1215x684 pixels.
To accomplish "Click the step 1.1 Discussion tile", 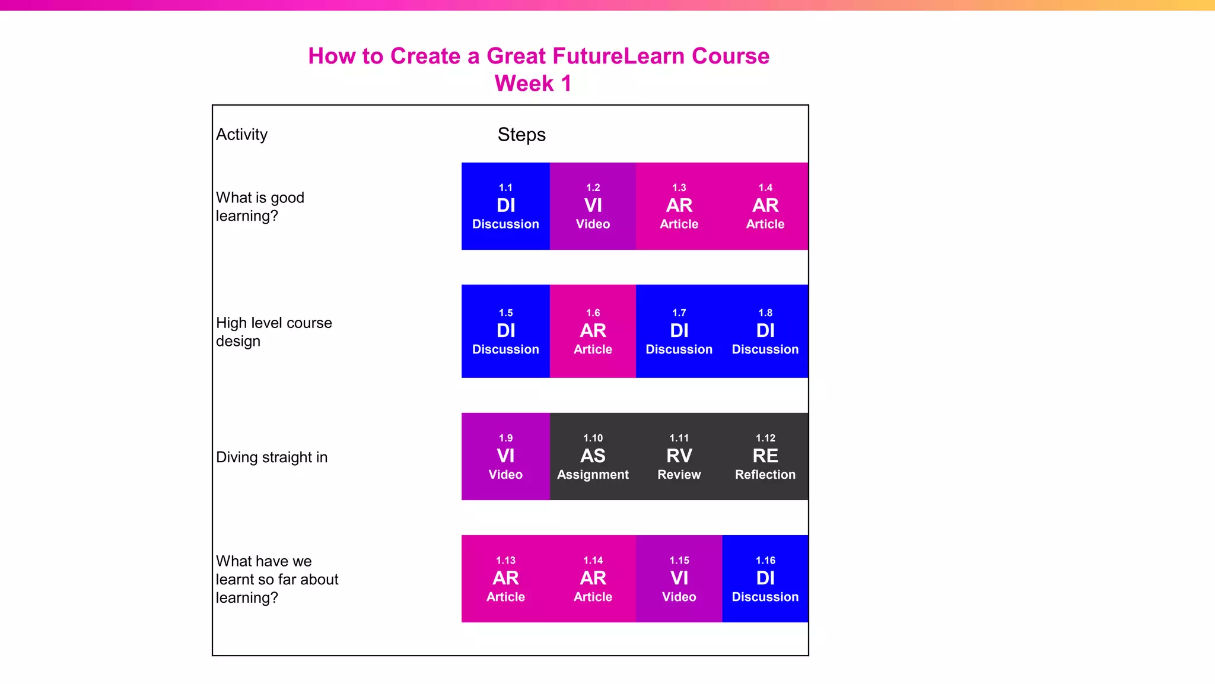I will (x=505, y=206).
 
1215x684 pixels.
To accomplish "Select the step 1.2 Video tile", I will (x=593, y=206).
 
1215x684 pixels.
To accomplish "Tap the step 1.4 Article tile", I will (x=765, y=206).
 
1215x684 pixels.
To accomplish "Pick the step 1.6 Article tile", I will (x=593, y=331).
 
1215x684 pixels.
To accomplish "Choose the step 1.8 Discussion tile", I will (x=765, y=331).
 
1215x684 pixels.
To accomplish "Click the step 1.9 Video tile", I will (x=505, y=456).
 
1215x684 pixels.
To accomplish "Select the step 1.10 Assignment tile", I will (x=593, y=456).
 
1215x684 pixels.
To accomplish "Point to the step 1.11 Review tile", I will (x=679, y=456).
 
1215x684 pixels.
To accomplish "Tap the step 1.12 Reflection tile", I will (x=765, y=456).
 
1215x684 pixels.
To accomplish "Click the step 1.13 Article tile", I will (x=505, y=578).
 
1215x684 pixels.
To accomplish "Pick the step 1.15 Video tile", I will (x=679, y=578).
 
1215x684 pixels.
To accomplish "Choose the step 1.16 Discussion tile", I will (x=765, y=578).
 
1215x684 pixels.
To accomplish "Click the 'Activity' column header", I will (x=241, y=135).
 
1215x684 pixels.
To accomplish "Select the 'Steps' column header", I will (x=521, y=135).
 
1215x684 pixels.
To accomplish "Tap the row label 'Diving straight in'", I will (x=272, y=457).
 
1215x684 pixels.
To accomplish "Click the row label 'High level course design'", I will (x=273, y=332).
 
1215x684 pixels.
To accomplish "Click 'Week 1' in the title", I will (x=533, y=83).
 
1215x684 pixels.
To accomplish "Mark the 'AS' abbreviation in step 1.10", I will (x=593, y=456).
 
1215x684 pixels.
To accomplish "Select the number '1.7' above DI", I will (x=679, y=313).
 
